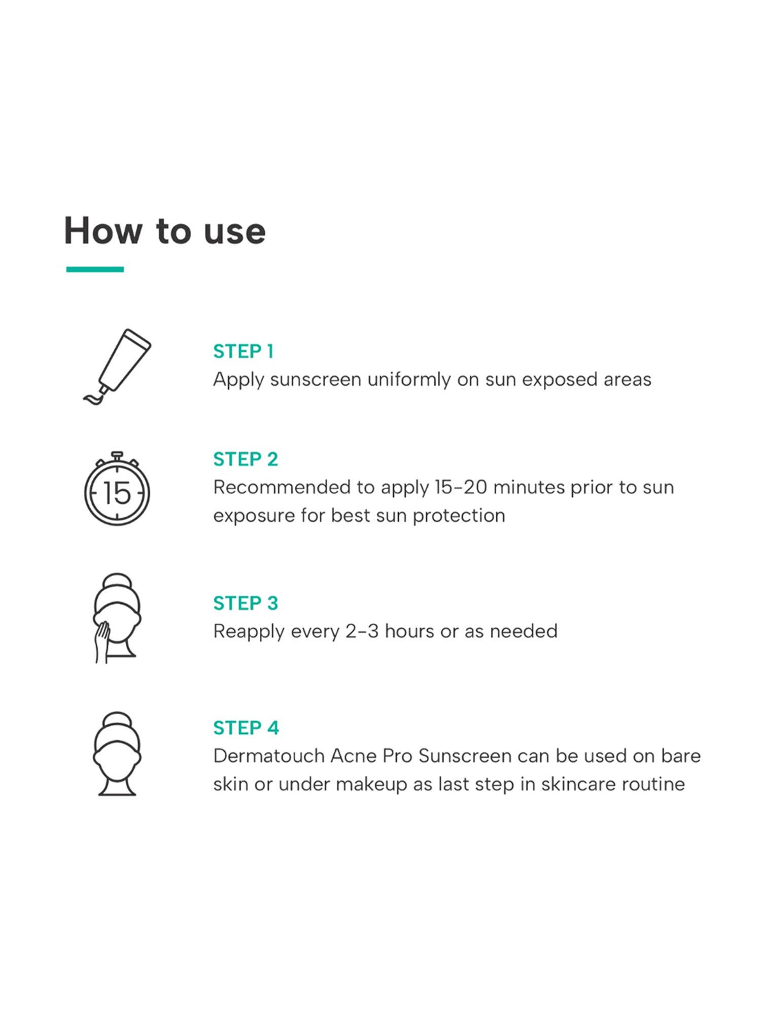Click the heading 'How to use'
click(165, 231)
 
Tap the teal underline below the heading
click(95, 269)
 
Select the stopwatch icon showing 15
click(117, 488)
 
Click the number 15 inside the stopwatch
click(117, 493)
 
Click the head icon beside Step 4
click(117, 754)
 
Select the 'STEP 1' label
click(244, 351)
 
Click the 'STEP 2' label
click(246, 459)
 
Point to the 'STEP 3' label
click(246, 603)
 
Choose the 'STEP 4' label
click(246, 728)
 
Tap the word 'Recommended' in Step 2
click(282, 487)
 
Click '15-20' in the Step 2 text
click(461, 487)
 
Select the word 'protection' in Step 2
click(459, 516)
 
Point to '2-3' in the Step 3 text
click(362, 631)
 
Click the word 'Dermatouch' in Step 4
click(269, 756)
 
